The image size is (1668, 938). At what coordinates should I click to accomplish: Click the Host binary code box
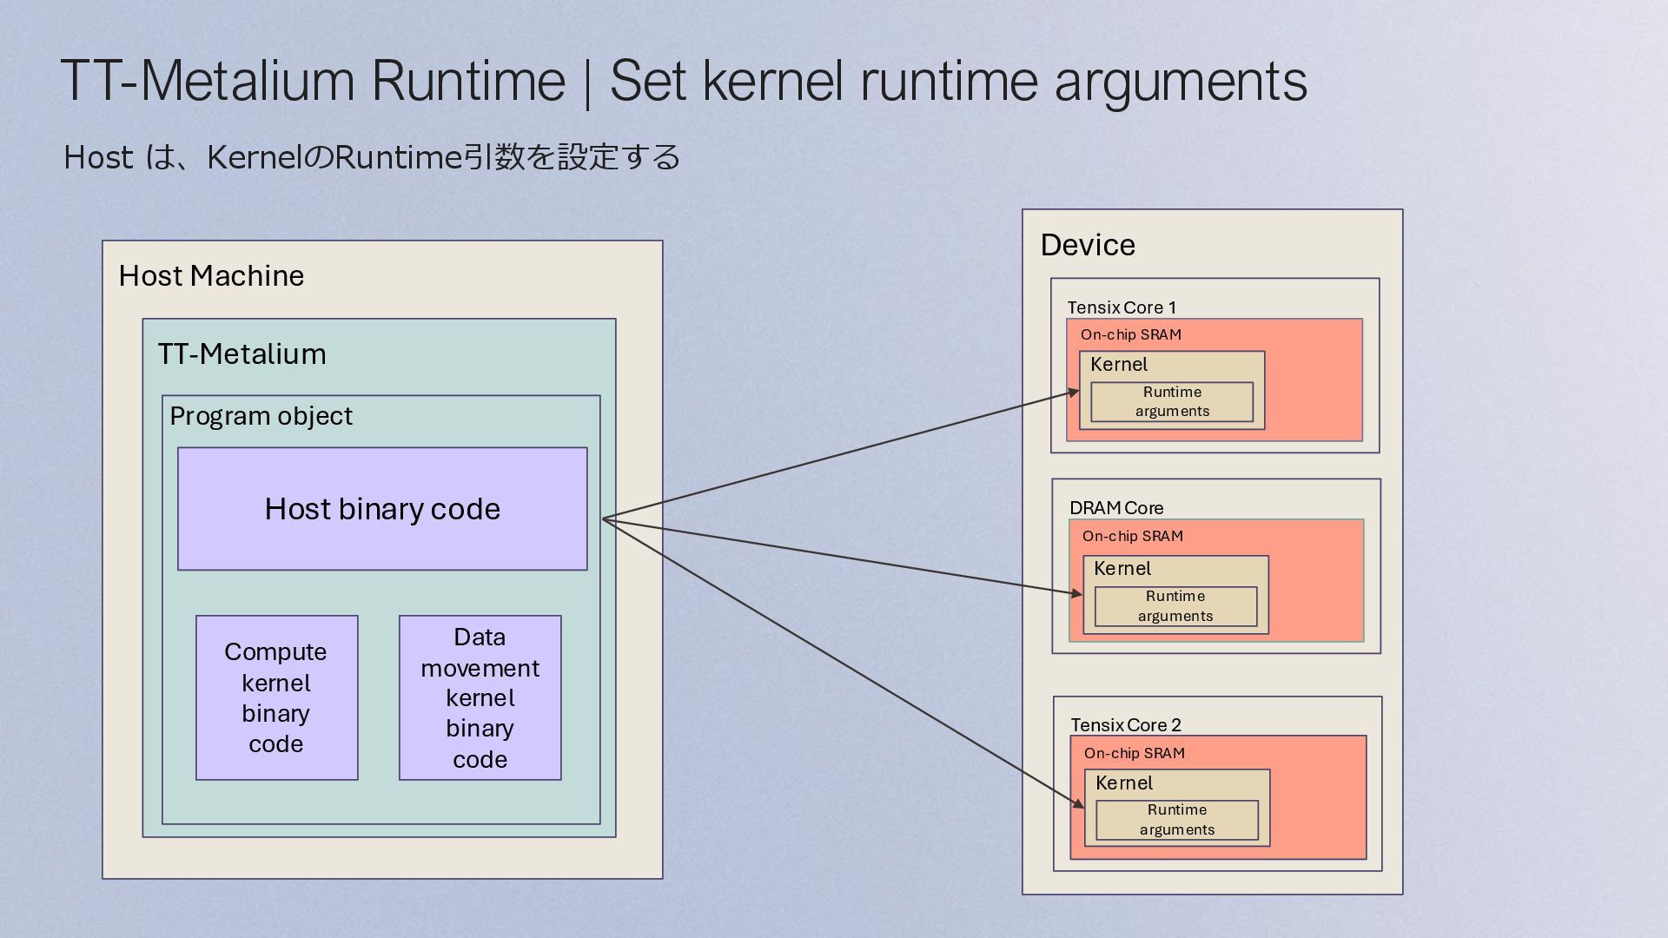382,509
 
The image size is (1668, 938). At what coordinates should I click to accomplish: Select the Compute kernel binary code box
276,697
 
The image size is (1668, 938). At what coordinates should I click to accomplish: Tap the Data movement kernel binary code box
480,697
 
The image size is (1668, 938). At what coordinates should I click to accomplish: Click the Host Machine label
211,276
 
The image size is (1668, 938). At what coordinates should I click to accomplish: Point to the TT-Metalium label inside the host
242,354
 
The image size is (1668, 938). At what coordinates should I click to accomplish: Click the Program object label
261,417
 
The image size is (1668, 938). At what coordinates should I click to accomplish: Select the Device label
1088,245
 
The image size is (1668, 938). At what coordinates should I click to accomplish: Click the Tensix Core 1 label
1122,307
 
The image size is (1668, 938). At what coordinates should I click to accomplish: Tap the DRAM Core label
1116,508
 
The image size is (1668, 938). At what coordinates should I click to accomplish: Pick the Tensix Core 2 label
1126,725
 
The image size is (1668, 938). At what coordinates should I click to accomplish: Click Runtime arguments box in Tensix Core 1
1172,402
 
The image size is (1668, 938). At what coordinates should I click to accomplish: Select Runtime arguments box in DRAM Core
1175,606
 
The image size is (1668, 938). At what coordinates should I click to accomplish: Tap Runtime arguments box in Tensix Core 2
1177,820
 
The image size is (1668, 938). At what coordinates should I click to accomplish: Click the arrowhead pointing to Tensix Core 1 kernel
1075,393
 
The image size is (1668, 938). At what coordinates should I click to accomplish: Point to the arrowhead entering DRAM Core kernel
1078,593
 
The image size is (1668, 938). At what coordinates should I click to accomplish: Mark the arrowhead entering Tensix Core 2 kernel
1080,804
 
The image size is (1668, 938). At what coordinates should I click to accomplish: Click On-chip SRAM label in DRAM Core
1133,537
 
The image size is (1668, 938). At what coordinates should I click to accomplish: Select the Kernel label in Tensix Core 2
1124,783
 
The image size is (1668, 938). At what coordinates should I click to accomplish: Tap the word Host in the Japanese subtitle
98,158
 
